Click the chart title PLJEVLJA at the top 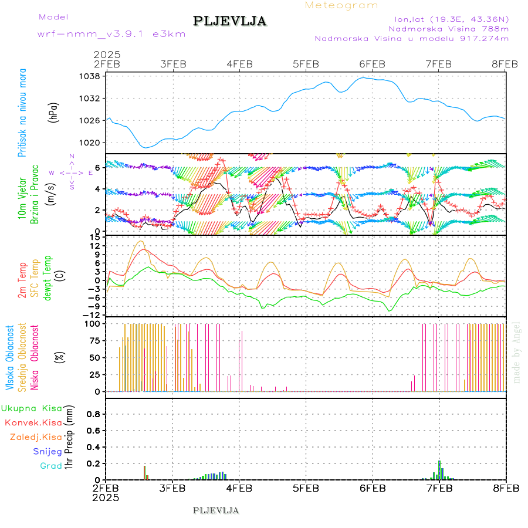[x=229, y=21]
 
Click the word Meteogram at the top [x=341, y=5]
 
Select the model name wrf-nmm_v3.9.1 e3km [x=111, y=34]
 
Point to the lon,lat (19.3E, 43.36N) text [x=451, y=18]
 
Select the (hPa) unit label [x=54, y=112]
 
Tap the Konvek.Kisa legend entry [x=33, y=422]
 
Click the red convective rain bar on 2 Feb [x=145, y=473]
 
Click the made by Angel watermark [x=517, y=352]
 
